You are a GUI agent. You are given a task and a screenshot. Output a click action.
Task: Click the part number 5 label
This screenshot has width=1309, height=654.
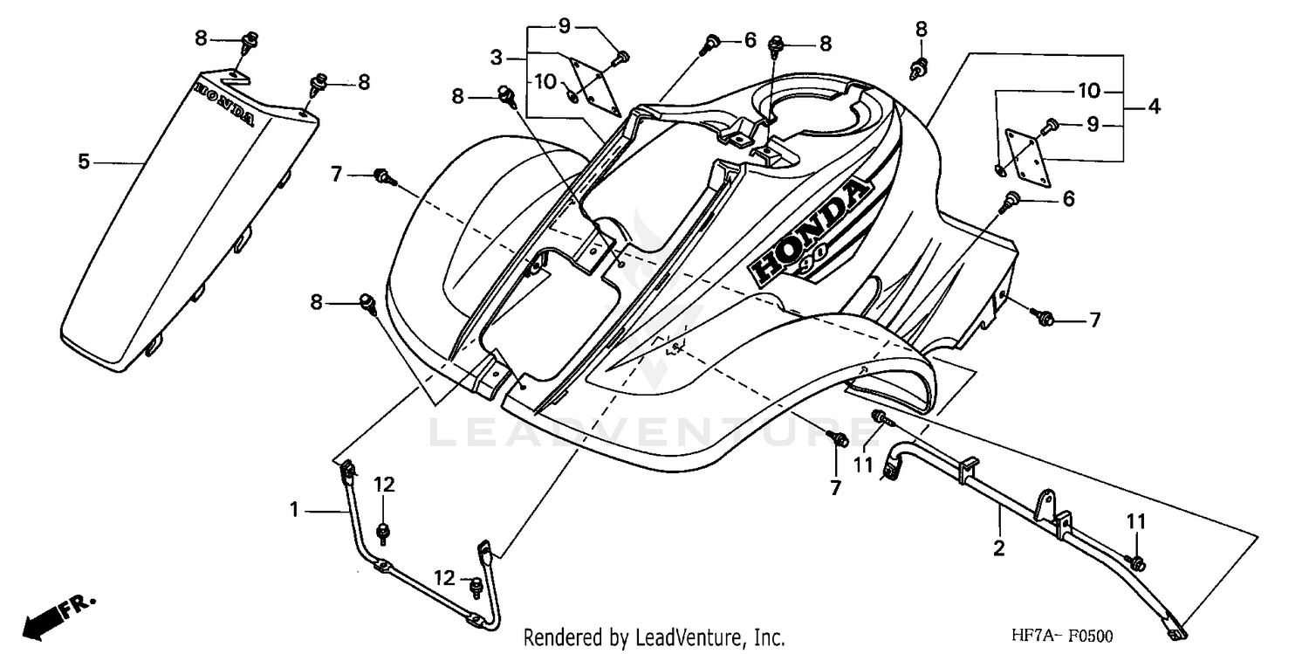point(84,162)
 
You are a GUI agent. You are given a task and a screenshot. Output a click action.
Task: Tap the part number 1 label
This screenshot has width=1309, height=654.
point(295,509)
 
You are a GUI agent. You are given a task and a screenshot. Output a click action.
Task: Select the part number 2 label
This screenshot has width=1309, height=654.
point(999,548)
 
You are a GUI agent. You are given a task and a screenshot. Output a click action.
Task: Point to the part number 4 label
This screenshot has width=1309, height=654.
point(1154,107)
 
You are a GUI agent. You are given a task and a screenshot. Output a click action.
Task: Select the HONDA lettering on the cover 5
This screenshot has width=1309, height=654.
point(225,103)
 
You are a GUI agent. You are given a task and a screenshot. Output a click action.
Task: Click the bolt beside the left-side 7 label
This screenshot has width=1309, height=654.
point(382,177)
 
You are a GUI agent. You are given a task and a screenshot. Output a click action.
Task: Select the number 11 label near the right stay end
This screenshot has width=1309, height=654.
point(1134,521)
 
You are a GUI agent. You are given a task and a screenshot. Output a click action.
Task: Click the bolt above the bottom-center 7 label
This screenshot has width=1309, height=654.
point(840,439)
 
